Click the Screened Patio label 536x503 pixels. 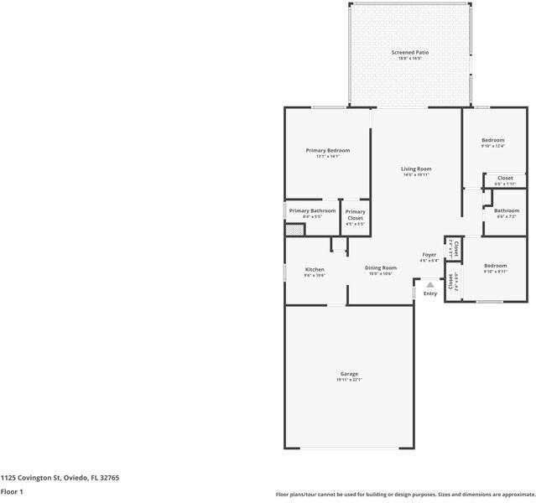[409, 53]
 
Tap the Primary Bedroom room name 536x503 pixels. [327, 150]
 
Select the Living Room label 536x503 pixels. [416, 169]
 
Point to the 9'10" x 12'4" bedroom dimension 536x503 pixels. [492, 146]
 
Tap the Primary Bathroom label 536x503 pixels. [312, 210]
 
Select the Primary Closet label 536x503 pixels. [355, 212]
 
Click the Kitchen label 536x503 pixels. [315, 269]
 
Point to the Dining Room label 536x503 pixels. [380, 267]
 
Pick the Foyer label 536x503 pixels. [429, 254]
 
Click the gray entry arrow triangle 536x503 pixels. [430, 285]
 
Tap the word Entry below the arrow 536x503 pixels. [430, 293]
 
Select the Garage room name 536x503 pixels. [349, 373]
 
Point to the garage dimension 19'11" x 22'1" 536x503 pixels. [349, 380]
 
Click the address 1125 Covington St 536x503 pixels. [60, 477]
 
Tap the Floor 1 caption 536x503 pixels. [12, 491]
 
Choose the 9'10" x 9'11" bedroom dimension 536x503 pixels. [494, 272]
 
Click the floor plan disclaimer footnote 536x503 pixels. [405, 494]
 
